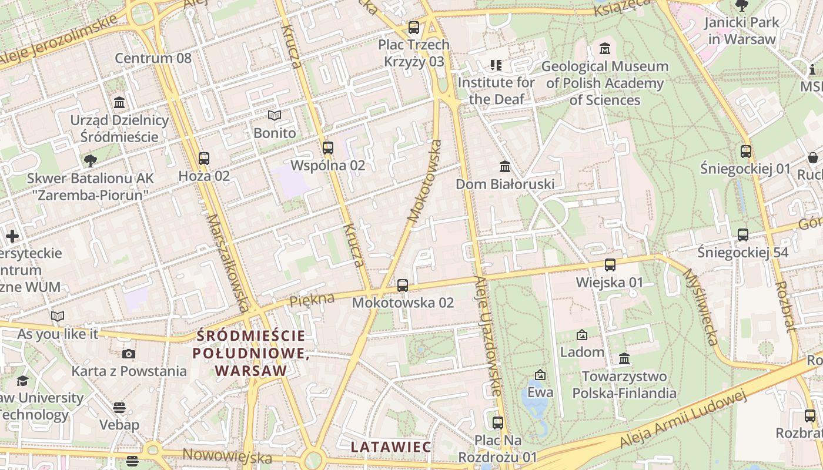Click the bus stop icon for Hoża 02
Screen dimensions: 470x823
[x=204, y=158]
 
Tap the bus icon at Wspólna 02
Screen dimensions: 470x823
[x=328, y=147]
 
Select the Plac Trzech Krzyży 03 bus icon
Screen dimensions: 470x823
[x=414, y=27]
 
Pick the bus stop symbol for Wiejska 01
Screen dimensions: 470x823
[x=610, y=264]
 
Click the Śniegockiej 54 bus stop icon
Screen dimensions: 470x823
[x=743, y=234]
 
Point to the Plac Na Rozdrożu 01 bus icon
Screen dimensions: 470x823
[x=498, y=422]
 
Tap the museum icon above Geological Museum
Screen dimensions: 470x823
[x=604, y=48]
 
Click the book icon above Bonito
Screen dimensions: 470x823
[x=275, y=115]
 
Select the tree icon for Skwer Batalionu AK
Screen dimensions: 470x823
[x=91, y=160]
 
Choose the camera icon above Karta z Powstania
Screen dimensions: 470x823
[x=129, y=353]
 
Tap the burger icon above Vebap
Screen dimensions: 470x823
[x=119, y=407]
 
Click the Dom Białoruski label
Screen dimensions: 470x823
[x=505, y=184]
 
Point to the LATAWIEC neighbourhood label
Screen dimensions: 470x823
[x=391, y=446]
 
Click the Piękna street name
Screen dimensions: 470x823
[x=312, y=300]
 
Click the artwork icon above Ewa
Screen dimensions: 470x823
[x=540, y=374]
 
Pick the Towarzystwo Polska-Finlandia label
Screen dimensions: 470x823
[x=624, y=384]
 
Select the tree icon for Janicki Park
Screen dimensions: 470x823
[x=742, y=5]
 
